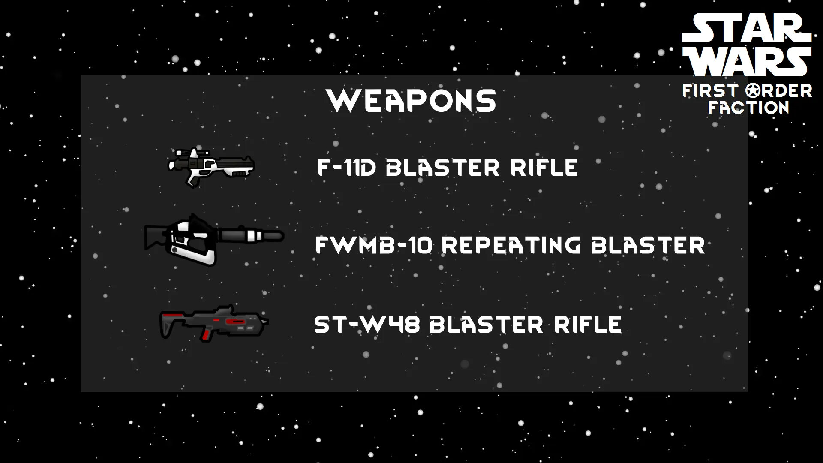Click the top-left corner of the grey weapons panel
[x=81, y=76]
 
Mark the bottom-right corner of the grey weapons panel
[x=748, y=392]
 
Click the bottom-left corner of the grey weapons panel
[x=81, y=392]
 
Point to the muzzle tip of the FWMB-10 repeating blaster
[x=283, y=236]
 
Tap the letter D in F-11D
[x=367, y=168]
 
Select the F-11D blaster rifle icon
[x=211, y=167]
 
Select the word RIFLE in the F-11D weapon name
[x=544, y=168]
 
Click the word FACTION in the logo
[x=748, y=107]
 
